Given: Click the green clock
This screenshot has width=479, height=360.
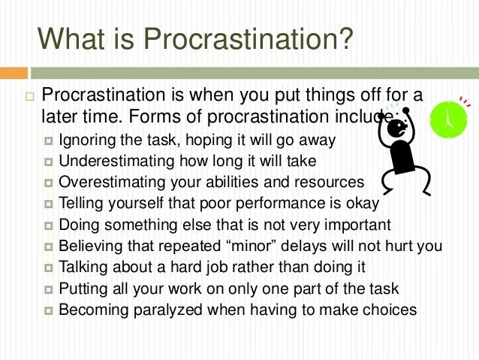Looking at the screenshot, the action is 448,119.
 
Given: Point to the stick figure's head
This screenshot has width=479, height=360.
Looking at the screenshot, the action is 397,129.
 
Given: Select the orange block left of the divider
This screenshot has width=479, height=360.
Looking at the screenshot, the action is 14,73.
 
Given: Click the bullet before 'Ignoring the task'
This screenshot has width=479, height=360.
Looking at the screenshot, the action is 48,141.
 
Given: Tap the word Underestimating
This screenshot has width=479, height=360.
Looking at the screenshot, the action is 116,161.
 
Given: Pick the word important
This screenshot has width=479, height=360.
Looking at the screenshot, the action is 357,225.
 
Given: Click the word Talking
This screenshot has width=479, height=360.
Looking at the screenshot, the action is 83,268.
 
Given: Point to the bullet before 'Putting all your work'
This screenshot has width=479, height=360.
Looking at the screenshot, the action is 48,289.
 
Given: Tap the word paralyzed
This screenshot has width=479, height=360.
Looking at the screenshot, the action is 168,310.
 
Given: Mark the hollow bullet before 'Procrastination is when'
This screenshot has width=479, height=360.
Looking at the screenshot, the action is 29,97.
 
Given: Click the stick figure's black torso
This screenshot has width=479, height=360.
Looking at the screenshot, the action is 403,157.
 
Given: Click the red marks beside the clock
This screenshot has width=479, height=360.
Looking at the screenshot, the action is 465,102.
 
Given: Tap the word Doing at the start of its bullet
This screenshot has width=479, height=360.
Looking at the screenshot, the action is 79,225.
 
